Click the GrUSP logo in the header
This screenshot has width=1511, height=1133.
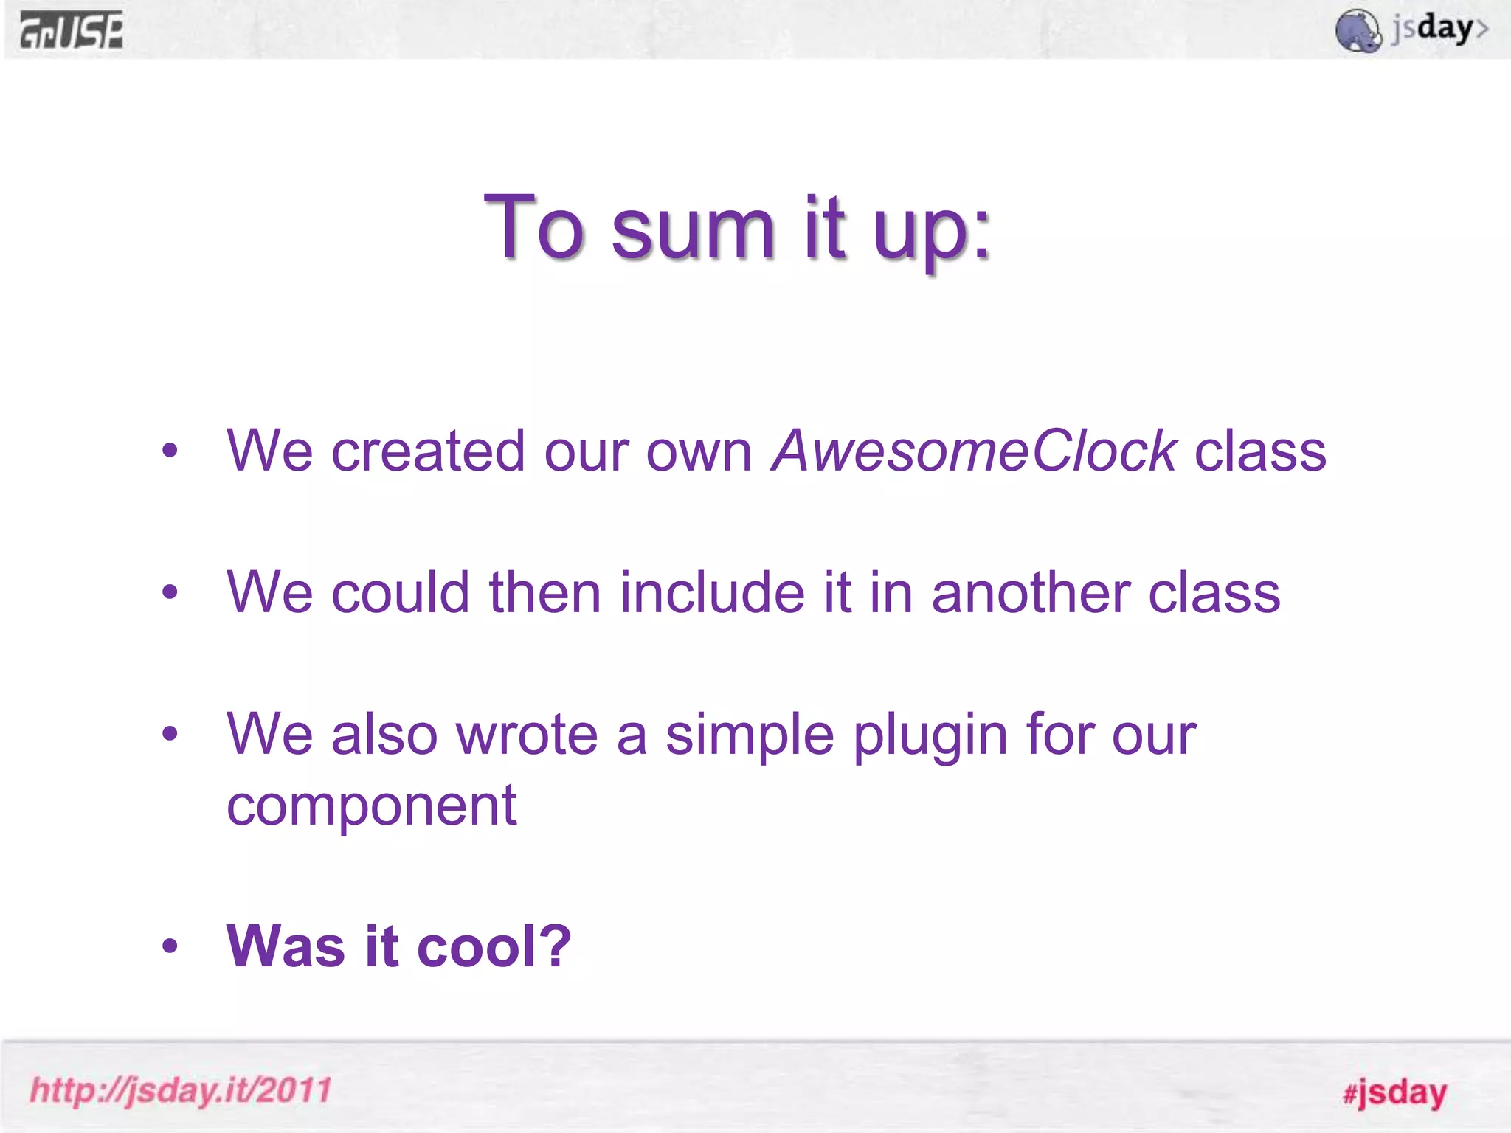click(x=72, y=31)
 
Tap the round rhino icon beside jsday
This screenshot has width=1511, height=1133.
click(x=1358, y=31)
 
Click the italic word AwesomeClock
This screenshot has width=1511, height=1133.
click(x=974, y=451)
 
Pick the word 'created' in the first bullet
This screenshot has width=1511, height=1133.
click(x=428, y=451)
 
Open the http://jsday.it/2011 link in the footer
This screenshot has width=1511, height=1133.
click(x=181, y=1090)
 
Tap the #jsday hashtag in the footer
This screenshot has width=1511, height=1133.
click(x=1394, y=1092)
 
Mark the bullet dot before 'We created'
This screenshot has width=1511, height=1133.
click(x=170, y=451)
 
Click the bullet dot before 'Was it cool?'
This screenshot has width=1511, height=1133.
click(x=170, y=946)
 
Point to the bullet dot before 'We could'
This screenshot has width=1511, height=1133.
click(x=170, y=592)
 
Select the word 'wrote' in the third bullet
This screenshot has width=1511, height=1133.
click(x=527, y=735)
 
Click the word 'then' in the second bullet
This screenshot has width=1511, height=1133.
click(x=544, y=592)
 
